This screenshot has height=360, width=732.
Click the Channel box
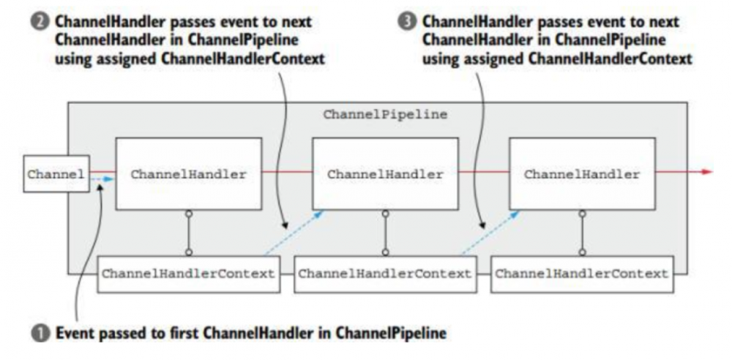click(56, 175)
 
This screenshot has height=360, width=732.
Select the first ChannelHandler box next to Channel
click(188, 175)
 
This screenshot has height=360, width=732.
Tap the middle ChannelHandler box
click(385, 175)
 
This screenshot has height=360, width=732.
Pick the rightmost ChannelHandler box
click(582, 175)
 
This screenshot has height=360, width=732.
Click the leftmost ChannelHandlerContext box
click(189, 274)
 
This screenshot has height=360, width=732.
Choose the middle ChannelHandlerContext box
click(385, 274)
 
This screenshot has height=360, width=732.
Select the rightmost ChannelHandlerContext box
click(581, 274)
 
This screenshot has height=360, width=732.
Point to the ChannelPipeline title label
click(385, 116)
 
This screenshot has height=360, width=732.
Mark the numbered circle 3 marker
click(408, 23)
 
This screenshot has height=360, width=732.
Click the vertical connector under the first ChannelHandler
click(188, 233)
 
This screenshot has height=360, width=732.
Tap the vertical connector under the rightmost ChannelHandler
click(582, 233)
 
